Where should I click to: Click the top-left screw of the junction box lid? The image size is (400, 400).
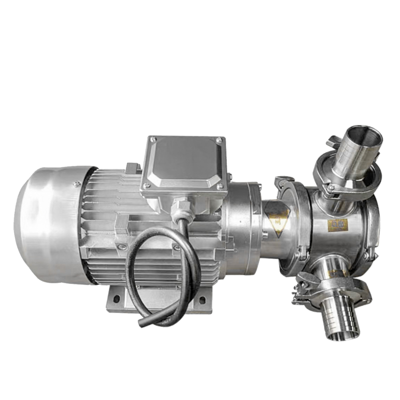click(x=153, y=139)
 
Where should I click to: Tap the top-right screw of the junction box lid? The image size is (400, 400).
click(x=218, y=139)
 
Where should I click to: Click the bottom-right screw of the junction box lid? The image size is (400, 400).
click(x=219, y=186)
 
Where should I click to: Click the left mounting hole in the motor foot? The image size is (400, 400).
click(x=116, y=299)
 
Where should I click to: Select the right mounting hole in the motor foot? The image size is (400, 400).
click(x=202, y=300)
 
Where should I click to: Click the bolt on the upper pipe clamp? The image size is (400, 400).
click(x=331, y=187)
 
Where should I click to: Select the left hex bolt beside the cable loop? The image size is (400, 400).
click(x=121, y=246)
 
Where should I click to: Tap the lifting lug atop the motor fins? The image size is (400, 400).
click(x=131, y=168)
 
